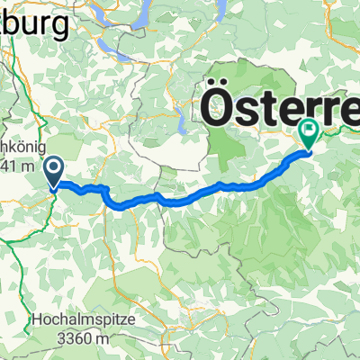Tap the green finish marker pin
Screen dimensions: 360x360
(x=309, y=134)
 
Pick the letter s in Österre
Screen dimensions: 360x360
(x=255, y=111)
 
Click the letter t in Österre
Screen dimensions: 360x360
(x=279, y=108)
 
